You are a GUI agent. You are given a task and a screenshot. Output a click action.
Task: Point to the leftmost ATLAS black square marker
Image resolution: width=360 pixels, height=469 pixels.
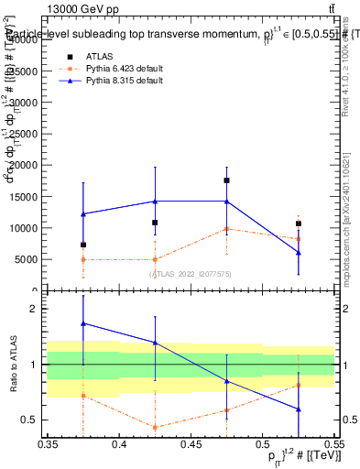(83, 245)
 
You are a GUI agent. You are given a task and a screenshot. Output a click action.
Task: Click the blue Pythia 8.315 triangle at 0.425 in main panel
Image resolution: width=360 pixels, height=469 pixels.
(155, 202)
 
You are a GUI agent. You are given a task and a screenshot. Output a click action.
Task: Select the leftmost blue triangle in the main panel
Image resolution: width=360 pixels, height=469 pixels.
(83, 214)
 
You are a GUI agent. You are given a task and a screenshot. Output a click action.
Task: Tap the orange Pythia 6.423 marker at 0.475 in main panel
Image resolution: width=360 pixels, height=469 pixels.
(226, 229)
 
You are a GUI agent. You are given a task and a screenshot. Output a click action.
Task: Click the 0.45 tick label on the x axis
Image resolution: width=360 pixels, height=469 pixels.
(191, 444)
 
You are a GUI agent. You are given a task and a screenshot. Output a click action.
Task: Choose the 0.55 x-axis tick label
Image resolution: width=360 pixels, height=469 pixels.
(333, 444)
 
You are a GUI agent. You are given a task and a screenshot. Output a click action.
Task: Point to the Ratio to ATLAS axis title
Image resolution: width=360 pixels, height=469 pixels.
(13, 365)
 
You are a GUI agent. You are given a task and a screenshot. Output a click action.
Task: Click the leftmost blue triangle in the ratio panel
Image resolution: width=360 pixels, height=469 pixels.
(83, 323)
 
